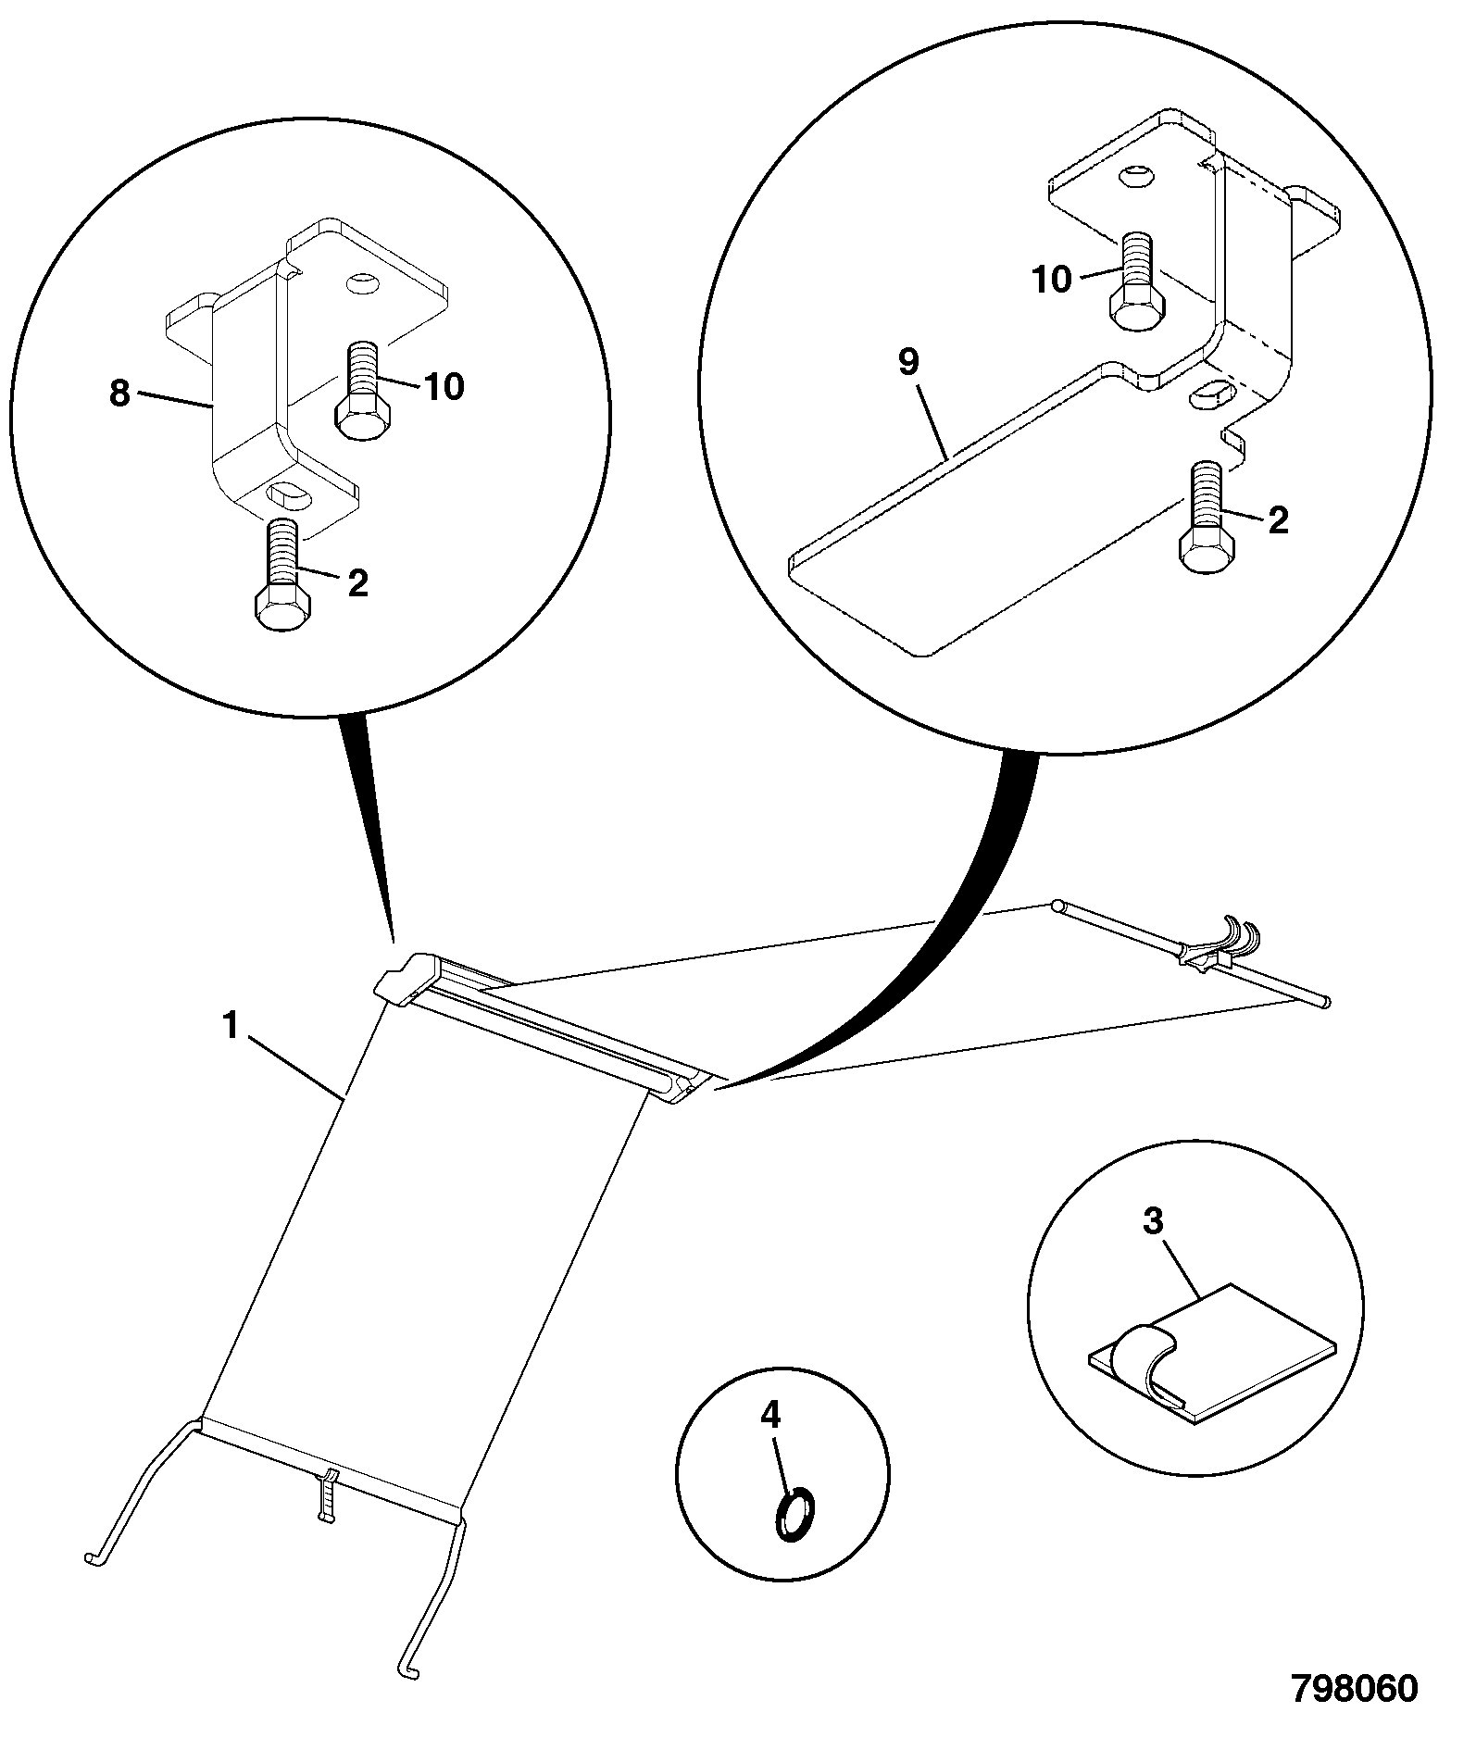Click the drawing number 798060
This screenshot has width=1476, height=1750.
click(x=1355, y=1688)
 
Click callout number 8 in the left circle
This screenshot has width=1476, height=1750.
click(x=119, y=394)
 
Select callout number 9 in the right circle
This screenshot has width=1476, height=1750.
click(x=908, y=362)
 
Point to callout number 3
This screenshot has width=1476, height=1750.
click(x=1153, y=1221)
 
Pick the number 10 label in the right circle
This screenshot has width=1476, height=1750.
click(x=1050, y=279)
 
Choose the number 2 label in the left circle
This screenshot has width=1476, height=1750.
click(x=357, y=582)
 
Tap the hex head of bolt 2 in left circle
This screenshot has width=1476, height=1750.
click(x=281, y=609)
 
